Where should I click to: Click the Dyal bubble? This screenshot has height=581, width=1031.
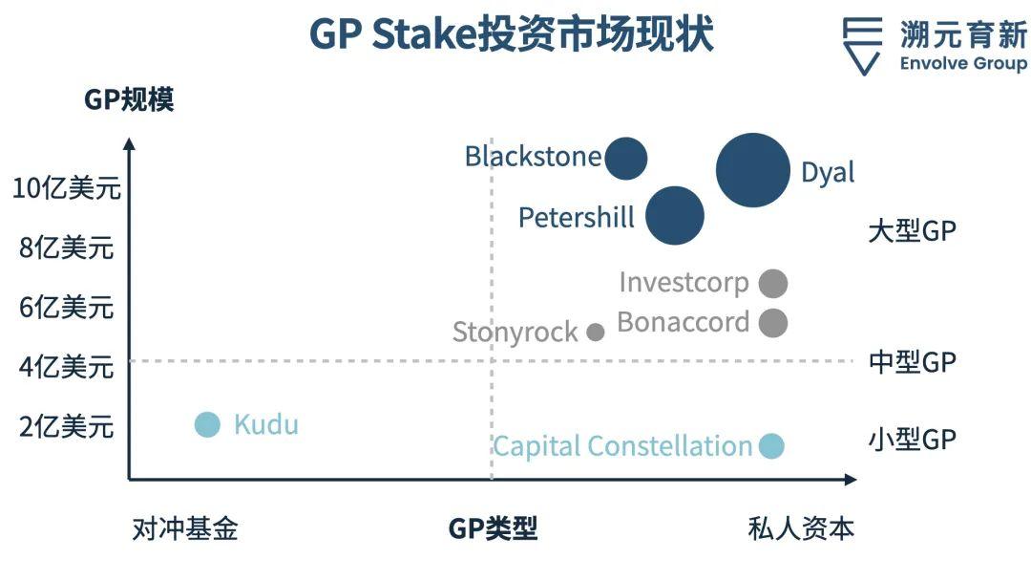coord(753,170)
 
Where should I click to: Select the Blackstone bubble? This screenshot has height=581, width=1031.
coord(626,158)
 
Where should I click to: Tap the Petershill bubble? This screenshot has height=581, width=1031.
coord(675,215)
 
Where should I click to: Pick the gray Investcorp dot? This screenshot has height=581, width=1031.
coord(773,283)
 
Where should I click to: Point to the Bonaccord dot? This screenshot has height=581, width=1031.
coord(773,322)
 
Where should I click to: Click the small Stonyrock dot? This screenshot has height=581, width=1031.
coord(596,332)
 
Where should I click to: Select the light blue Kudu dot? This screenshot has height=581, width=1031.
coord(207,424)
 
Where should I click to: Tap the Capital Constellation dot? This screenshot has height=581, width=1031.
coord(771,445)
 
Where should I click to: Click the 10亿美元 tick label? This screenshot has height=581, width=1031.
coord(67,188)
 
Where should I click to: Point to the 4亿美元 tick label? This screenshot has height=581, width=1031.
coord(67,366)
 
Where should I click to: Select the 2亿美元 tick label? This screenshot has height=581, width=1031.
coord(67,425)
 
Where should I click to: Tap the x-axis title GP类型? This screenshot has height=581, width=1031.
coord(493,528)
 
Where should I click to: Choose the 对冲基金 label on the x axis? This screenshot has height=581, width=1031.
coord(184,528)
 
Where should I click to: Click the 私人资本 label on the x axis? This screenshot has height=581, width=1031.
coord(800,528)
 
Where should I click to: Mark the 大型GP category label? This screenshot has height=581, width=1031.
coord(912,230)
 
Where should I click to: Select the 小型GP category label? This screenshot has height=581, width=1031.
coord(912,439)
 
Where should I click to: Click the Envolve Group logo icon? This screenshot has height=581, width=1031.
coord(862,46)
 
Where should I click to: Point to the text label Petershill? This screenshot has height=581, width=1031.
coord(576,218)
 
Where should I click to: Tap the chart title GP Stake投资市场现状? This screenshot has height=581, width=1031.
coord(512,35)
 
